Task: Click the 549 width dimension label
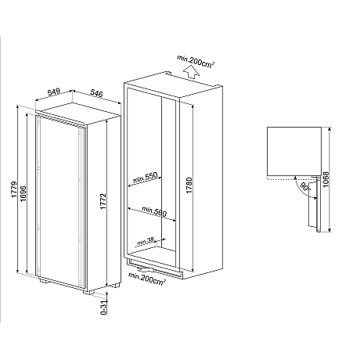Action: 54,92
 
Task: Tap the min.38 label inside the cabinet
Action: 146,241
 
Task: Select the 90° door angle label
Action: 302,189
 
